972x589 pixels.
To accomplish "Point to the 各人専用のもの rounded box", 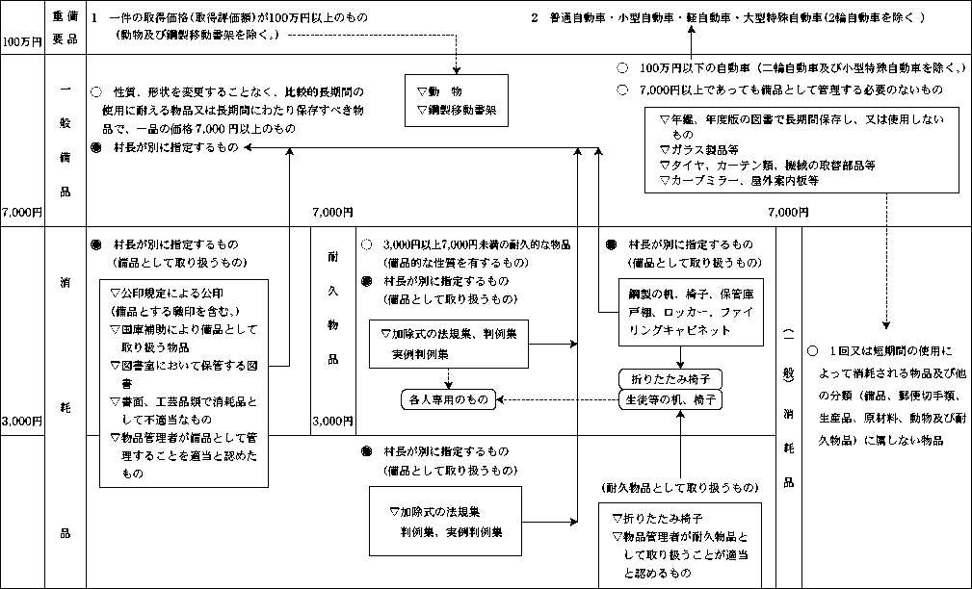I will (x=445, y=398).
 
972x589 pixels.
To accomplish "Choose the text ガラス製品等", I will (x=696, y=150).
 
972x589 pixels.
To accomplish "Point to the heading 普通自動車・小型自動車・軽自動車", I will (x=713, y=18).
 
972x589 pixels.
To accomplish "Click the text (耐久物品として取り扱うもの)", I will (x=678, y=488).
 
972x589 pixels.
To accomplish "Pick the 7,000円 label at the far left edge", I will (x=20, y=211).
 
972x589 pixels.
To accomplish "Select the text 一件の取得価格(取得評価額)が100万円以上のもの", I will (x=229, y=19).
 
